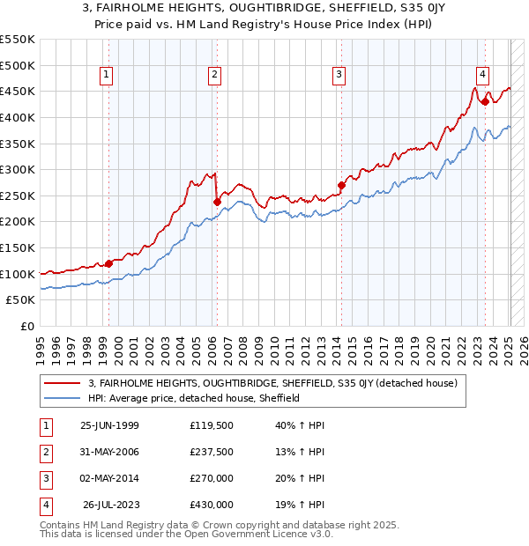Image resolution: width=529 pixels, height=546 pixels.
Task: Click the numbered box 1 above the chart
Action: coord(106,76)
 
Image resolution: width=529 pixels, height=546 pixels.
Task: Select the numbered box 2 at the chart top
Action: coord(214,76)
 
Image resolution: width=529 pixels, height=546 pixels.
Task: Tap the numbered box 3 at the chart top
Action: coord(339,76)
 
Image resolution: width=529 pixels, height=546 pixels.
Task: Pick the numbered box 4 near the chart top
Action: coord(483,76)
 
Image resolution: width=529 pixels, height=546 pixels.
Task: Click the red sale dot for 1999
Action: coord(109,263)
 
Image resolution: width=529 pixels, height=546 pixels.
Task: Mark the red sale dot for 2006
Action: coord(217,202)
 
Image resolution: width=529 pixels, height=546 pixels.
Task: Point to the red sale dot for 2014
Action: coord(341,185)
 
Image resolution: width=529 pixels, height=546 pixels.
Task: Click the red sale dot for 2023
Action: coord(485,101)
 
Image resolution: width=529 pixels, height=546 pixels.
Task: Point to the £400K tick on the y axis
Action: coord(18,117)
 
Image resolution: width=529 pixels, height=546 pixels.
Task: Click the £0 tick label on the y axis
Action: coord(27,327)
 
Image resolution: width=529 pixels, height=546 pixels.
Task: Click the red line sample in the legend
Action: coord(63,384)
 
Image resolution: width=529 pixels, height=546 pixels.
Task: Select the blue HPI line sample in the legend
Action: coord(63,398)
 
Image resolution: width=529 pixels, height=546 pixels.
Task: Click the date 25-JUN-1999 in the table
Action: coord(109,425)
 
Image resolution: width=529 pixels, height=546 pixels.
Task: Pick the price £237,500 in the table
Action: coord(212,452)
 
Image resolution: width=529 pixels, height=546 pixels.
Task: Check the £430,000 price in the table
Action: coord(212,505)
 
